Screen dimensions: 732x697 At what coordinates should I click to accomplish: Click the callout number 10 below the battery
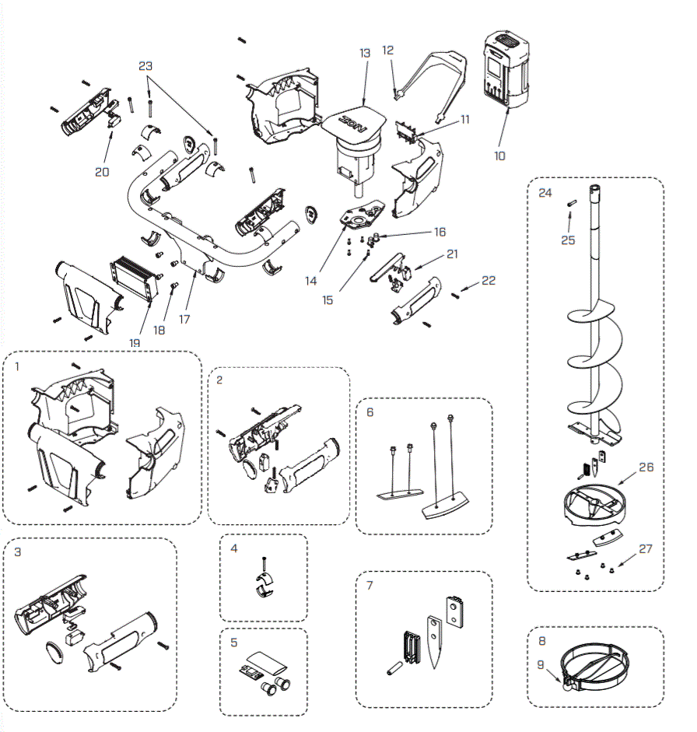tap(499, 156)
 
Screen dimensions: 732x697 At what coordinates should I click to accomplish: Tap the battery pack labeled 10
tap(506, 70)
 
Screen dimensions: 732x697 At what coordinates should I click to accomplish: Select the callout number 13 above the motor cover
tap(365, 53)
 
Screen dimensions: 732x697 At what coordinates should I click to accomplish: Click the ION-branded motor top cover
tap(355, 121)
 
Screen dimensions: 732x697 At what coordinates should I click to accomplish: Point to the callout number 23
tap(146, 67)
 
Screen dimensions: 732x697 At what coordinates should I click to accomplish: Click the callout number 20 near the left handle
tap(102, 172)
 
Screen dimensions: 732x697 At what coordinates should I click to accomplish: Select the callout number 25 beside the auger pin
tap(568, 240)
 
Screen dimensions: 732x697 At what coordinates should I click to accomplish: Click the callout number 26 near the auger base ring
tap(646, 468)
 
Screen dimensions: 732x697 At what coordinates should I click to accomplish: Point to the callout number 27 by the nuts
tap(646, 548)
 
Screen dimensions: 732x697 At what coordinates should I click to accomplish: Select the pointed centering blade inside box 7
tap(433, 642)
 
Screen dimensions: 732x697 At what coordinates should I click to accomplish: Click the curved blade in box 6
tap(445, 510)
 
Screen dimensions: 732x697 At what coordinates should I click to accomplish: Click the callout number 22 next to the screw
tap(488, 281)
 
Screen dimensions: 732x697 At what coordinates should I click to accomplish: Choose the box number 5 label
tap(233, 643)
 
